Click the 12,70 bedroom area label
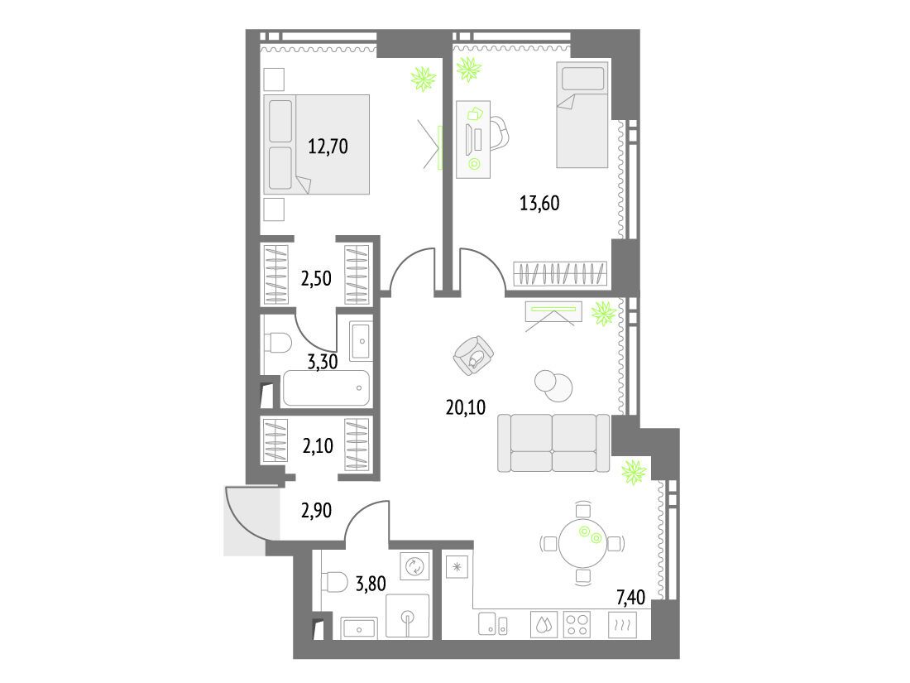pyautogui.click(x=328, y=146)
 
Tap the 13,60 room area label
pyautogui.click(x=539, y=204)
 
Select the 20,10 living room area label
pyautogui.click(x=466, y=407)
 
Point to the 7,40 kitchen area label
pyautogui.click(x=631, y=596)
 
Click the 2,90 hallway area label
pyautogui.click(x=316, y=511)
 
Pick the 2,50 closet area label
pyautogui.click(x=316, y=278)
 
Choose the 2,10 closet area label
pyautogui.click(x=318, y=445)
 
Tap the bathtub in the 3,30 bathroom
pyautogui.click(x=326, y=388)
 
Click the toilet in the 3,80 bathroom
pyautogui.click(x=333, y=581)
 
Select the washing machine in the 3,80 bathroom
pyautogui.click(x=415, y=566)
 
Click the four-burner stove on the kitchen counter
pyautogui.click(x=577, y=625)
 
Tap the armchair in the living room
pyautogui.click(x=473, y=356)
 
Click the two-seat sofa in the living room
pyautogui.click(x=553, y=443)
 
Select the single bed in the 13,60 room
pyautogui.click(x=582, y=114)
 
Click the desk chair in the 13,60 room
pyautogui.click(x=499, y=134)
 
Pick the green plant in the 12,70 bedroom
pyautogui.click(x=424, y=79)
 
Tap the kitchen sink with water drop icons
pyautogui.click(x=544, y=625)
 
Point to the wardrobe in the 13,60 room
pyautogui.click(x=560, y=273)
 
